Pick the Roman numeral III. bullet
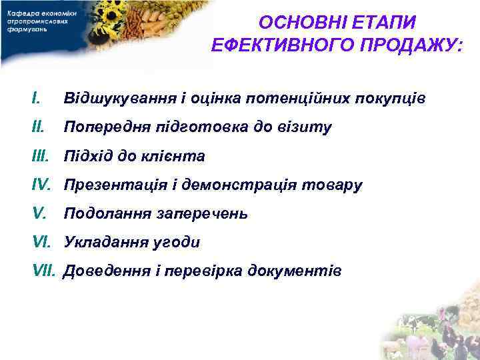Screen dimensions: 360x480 (x=43, y=156)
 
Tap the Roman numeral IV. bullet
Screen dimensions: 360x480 (x=43, y=185)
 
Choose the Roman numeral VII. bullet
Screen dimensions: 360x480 (x=45, y=271)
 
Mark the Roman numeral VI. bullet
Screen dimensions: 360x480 (x=43, y=242)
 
